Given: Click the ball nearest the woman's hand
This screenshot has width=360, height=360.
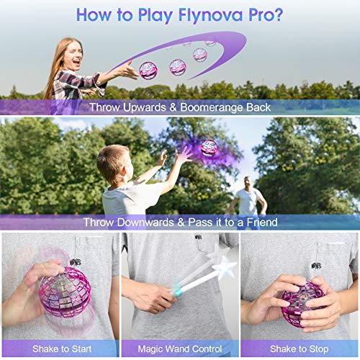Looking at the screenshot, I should pos(148,70).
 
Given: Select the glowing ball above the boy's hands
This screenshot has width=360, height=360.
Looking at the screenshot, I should pos(209,148).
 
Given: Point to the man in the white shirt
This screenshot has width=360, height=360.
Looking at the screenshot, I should pos(248,195).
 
